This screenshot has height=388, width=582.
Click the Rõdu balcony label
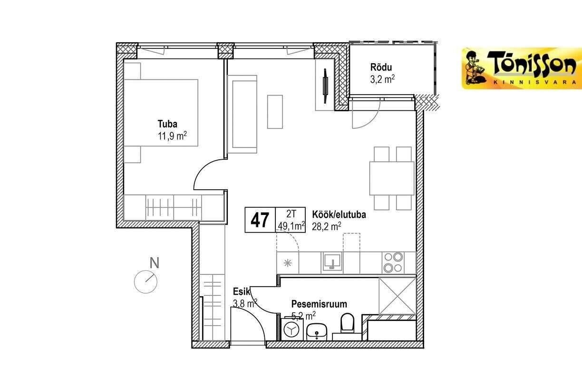point(381,68)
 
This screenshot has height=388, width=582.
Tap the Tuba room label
point(167,124)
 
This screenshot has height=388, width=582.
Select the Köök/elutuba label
point(339,214)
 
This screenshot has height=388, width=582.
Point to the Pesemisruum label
point(319,304)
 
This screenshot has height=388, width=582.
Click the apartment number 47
point(260,220)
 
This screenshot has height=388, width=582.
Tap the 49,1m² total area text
point(291,226)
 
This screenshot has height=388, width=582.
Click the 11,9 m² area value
point(172,136)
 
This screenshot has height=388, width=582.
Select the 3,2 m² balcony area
point(382,79)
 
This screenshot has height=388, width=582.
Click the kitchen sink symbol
point(331,263)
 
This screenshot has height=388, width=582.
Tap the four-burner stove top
point(393,262)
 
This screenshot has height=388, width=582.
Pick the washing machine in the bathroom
point(292,329)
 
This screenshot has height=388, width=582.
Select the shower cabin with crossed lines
point(398,296)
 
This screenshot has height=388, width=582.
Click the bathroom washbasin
point(317,332)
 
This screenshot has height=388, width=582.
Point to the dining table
point(392,178)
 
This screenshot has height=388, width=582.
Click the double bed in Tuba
point(161,113)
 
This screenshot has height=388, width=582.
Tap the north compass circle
point(146,282)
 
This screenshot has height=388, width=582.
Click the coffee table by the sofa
point(275,112)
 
